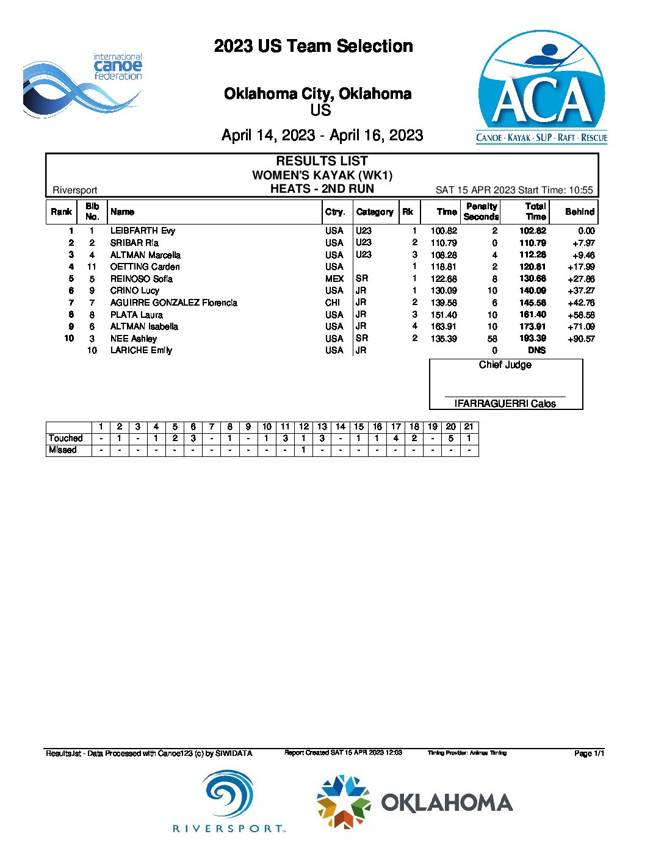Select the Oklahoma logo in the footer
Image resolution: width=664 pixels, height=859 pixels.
[414, 802]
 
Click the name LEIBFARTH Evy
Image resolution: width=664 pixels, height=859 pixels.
[143, 231]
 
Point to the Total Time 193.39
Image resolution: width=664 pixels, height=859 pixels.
[533, 339]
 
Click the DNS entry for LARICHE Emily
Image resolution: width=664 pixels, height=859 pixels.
[536, 350]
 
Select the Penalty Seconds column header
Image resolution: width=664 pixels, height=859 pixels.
[481, 212]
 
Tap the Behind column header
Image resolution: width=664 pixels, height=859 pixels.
[579, 212]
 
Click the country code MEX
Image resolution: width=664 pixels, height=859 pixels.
[334, 279]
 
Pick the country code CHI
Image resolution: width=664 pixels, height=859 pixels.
[333, 303]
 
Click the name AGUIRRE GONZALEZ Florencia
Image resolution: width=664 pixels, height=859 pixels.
[174, 303]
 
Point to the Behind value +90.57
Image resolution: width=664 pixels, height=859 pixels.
[581, 339]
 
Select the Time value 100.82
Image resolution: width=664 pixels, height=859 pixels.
[444, 231]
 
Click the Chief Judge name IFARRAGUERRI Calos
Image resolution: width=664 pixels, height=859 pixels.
[505, 403]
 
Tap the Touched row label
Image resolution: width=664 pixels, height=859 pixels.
[66, 438]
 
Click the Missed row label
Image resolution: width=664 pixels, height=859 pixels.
[63, 450]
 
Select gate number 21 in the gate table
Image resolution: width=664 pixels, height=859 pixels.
[469, 426]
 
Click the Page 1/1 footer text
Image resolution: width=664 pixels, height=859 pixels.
[589, 753]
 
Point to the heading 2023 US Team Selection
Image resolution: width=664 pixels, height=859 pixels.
[313, 46]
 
